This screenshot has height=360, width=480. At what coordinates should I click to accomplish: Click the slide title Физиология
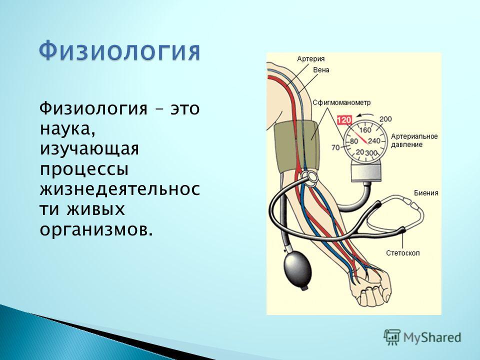(119, 51)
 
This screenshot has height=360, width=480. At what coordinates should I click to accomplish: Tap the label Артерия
(310, 59)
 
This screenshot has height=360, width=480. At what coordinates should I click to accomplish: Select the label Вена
(321, 70)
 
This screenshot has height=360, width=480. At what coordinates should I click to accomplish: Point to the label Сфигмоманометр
(341, 102)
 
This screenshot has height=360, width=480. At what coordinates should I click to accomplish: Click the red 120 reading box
(344, 119)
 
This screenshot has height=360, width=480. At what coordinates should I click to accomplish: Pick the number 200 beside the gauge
(385, 119)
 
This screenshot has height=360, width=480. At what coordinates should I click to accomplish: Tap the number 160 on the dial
(365, 130)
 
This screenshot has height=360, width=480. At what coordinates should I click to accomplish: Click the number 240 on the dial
(374, 141)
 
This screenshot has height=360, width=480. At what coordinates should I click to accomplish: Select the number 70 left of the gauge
(335, 147)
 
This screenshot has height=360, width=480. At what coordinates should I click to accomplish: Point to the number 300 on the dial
(371, 152)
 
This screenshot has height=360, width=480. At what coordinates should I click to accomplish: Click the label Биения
(426, 193)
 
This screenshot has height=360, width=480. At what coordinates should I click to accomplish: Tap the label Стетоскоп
(403, 253)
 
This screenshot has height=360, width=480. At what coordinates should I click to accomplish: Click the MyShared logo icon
(392, 337)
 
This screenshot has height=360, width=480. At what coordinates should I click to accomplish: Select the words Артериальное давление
(414, 140)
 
